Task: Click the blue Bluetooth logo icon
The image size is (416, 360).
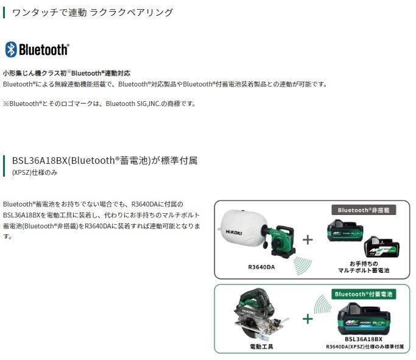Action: pyautogui.click(x=11, y=49)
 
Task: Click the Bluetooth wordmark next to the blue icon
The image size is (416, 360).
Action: pyautogui.click(x=44, y=49)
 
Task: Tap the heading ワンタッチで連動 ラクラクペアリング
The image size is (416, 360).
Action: pyautogui.click(x=93, y=12)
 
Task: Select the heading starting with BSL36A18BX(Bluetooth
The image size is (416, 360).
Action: pyautogui.click(x=105, y=160)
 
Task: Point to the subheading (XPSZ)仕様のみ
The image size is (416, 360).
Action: pyautogui.click(x=35, y=173)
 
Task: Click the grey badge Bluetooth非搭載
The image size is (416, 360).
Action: pyautogui.click(x=364, y=210)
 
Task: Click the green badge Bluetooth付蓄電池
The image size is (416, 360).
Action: pyautogui.click(x=364, y=294)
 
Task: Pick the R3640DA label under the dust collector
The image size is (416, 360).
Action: pyautogui.click(x=261, y=267)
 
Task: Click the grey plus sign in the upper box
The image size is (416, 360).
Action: pyautogui.click(x=308, y=240)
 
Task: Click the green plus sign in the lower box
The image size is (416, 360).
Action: pyautogui.click(x=308, y=319)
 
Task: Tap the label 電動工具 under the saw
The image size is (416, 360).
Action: pyautogui.click(x=261, y=347)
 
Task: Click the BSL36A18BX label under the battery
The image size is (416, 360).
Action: pyautogui.click(x=364, y=339)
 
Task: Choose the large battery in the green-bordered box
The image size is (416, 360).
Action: pyautogui.click(x=364, y=319)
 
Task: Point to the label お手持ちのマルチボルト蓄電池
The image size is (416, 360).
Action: pyautogui.click(x=364, y=267)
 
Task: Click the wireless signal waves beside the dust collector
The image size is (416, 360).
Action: pyautogui.click(x=302, y=266)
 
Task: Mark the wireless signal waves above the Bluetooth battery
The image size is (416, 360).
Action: pyautogui.click(x=323, y=305)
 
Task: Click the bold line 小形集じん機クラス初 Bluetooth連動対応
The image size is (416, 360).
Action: pyautogui.click(x=66, y=73)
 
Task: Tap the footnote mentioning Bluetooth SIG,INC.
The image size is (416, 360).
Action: pyautogui.click(x=100, y=104)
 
